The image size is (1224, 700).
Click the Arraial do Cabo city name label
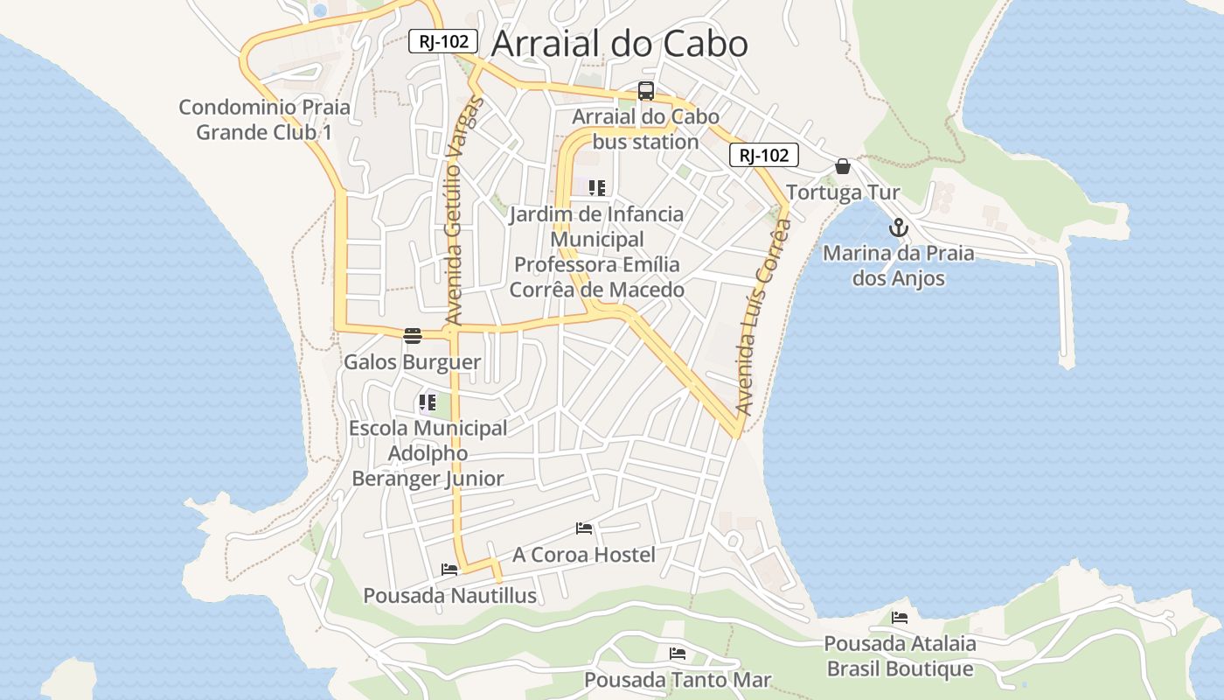click(619, 44)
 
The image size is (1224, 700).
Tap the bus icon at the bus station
click(646, 91)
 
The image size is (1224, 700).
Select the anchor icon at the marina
click(899, 228)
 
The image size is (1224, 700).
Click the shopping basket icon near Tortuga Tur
click(843, 166)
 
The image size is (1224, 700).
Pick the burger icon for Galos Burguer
click(413, 336)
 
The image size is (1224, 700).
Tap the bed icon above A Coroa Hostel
click(584, 528)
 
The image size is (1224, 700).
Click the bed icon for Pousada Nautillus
click(449, 570)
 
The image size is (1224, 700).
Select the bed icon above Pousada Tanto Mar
click(678, 654)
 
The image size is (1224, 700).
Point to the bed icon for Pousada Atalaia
click(900, 618)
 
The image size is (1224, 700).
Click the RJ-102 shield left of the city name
click(443, 41)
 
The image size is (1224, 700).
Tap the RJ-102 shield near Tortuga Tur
click(763, 156)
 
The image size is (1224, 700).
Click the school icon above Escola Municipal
click(427, 403)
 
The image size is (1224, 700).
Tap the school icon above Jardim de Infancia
click(597, 188)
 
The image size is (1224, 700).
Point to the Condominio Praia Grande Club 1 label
click(264, 120)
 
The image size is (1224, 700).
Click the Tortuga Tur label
click(843, 192)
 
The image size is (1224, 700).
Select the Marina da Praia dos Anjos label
click(899, 266)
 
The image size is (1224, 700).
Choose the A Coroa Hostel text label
click(583, 555)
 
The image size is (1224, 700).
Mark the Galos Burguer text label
click(412, 362)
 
